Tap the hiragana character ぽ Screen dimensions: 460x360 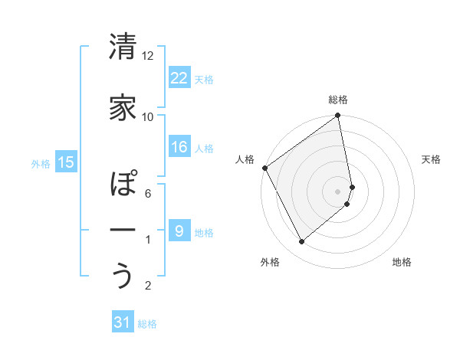pos(123,185)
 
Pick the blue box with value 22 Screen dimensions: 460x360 pos(179,77)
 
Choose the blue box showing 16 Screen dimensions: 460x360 pos(179,147)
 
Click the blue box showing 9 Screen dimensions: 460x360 pos(179,231)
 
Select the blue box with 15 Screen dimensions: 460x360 pos(65,162)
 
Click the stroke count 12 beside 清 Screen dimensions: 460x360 pos(147,56)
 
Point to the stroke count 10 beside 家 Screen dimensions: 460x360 pos(147,116)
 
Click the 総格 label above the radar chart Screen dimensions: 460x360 pos(338,100)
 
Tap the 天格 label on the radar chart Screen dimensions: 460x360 pos(432,159)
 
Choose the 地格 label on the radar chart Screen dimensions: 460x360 pos(402,262)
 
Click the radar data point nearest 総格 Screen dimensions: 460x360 pos(338,116)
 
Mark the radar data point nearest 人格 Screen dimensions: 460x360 pos(264,168)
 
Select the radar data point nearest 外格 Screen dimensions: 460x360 pos(301,242)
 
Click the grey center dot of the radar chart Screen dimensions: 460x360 pos(338,191)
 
